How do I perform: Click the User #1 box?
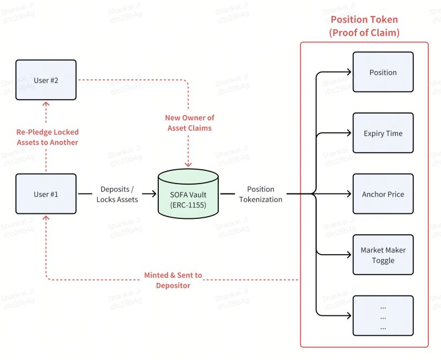46,194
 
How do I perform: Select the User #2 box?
46,80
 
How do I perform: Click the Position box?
383,72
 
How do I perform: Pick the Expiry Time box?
383,133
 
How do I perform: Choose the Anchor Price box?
383,194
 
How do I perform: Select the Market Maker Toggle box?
383,255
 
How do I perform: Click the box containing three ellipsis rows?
383,316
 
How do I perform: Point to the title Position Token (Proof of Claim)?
364,26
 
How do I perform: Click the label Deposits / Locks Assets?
117,194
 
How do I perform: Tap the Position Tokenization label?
261,194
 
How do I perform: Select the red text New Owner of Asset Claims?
189,122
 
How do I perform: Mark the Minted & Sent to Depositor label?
173,280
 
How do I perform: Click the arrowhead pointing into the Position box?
349,72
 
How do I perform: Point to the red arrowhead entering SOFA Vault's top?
189,164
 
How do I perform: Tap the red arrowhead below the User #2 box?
46,104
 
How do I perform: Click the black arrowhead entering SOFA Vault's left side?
154,194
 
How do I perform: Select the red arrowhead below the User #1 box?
46,218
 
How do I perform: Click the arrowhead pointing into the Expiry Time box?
349,133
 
